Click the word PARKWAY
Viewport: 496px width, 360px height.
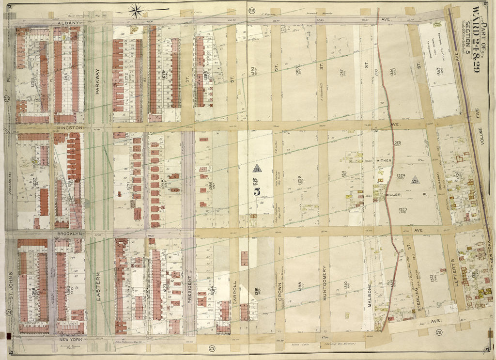point(97,78)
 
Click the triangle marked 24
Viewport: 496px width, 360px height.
point(256,168)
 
